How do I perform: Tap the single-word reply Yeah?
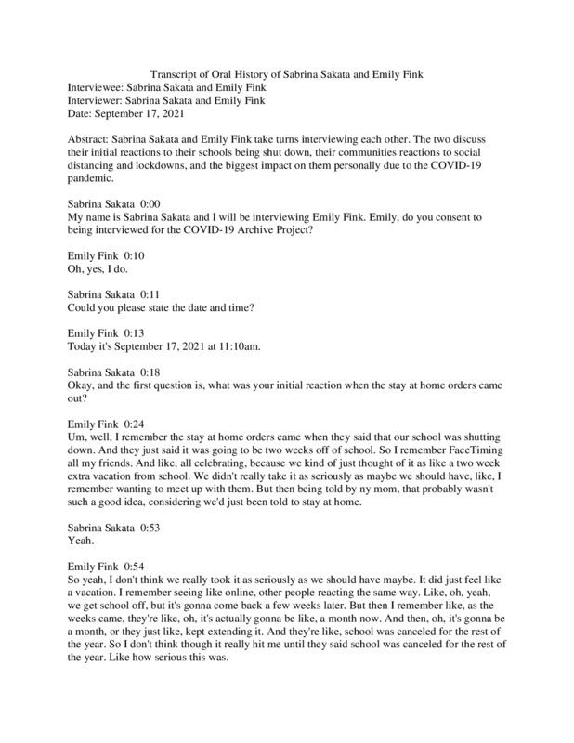[84, 541]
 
